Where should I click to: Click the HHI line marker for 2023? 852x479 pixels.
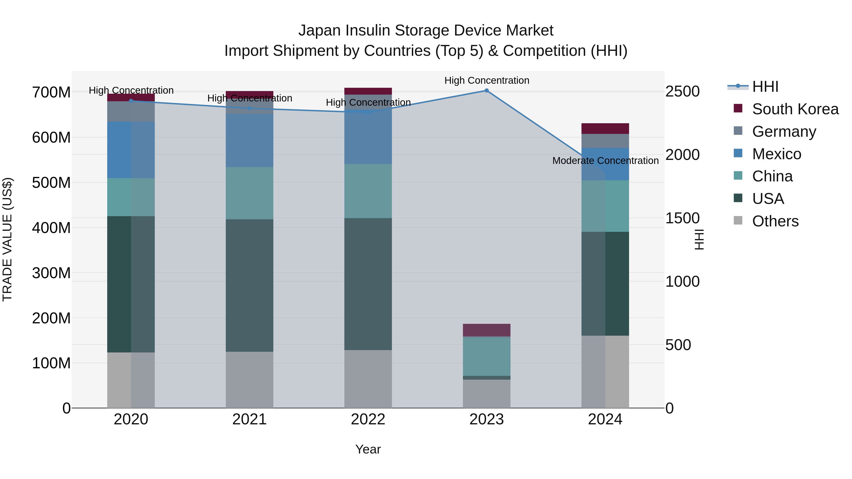pyautogui.click(x=487, y=91)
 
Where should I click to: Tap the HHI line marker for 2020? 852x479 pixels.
pyautogui.click(x=131, y=101)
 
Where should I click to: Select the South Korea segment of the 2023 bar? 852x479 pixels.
pyautogui.click(x=487, y=330)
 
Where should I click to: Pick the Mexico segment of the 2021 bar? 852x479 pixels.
pyautogui.click(x=249, y=141)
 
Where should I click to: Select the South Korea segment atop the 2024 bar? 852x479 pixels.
pyautogui.click(x=605, y=129)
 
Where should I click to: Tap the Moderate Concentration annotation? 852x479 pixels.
pyautogui.click(x=605, y=161)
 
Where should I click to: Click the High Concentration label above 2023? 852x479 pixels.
pyautogui.click(x=487, y=80)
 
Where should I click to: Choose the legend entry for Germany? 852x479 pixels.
pyautogui.click(x=784, y=132)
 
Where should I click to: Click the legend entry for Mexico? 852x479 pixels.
pyautogui.click(x=776, y=154)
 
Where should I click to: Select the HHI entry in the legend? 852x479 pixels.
pyautogui.click(x=765, y=87)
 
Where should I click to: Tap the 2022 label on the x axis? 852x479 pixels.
pyautogui.click(x=368, y=419)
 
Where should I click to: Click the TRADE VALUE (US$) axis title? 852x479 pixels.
pyautogui.click(x=7, y=239)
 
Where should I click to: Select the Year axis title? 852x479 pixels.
pyautogui.click(x=368, y=449)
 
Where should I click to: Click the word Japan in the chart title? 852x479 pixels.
pyautogui.click(x=319, y=31)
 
